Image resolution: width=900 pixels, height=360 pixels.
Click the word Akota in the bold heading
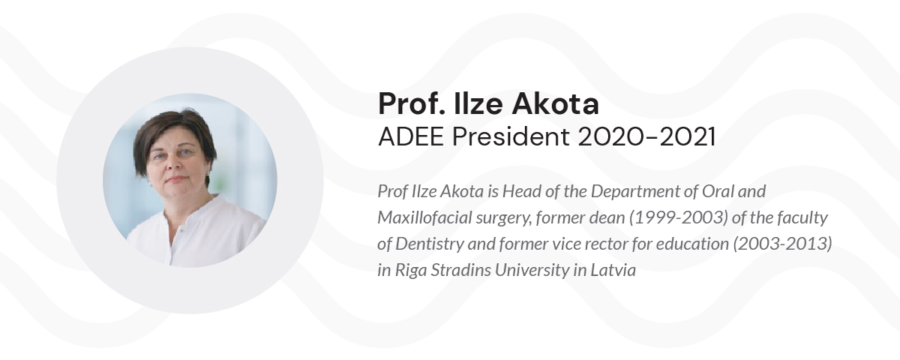[x=555, y=104]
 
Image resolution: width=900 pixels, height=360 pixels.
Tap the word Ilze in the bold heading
[x=478, y=103]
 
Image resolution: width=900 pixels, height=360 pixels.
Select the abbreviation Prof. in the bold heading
[x=412, y=103]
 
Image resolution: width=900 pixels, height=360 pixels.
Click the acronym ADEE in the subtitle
[x=411, y=136]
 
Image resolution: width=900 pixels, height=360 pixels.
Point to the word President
[x=511, y=136]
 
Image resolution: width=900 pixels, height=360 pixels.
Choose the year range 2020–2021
[x=646, y=136]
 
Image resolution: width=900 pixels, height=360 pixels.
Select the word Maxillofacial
[x=424, y=217]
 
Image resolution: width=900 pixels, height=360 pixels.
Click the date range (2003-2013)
[x=782, y=244]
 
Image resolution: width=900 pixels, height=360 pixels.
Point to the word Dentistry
[x=430, y=244]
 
